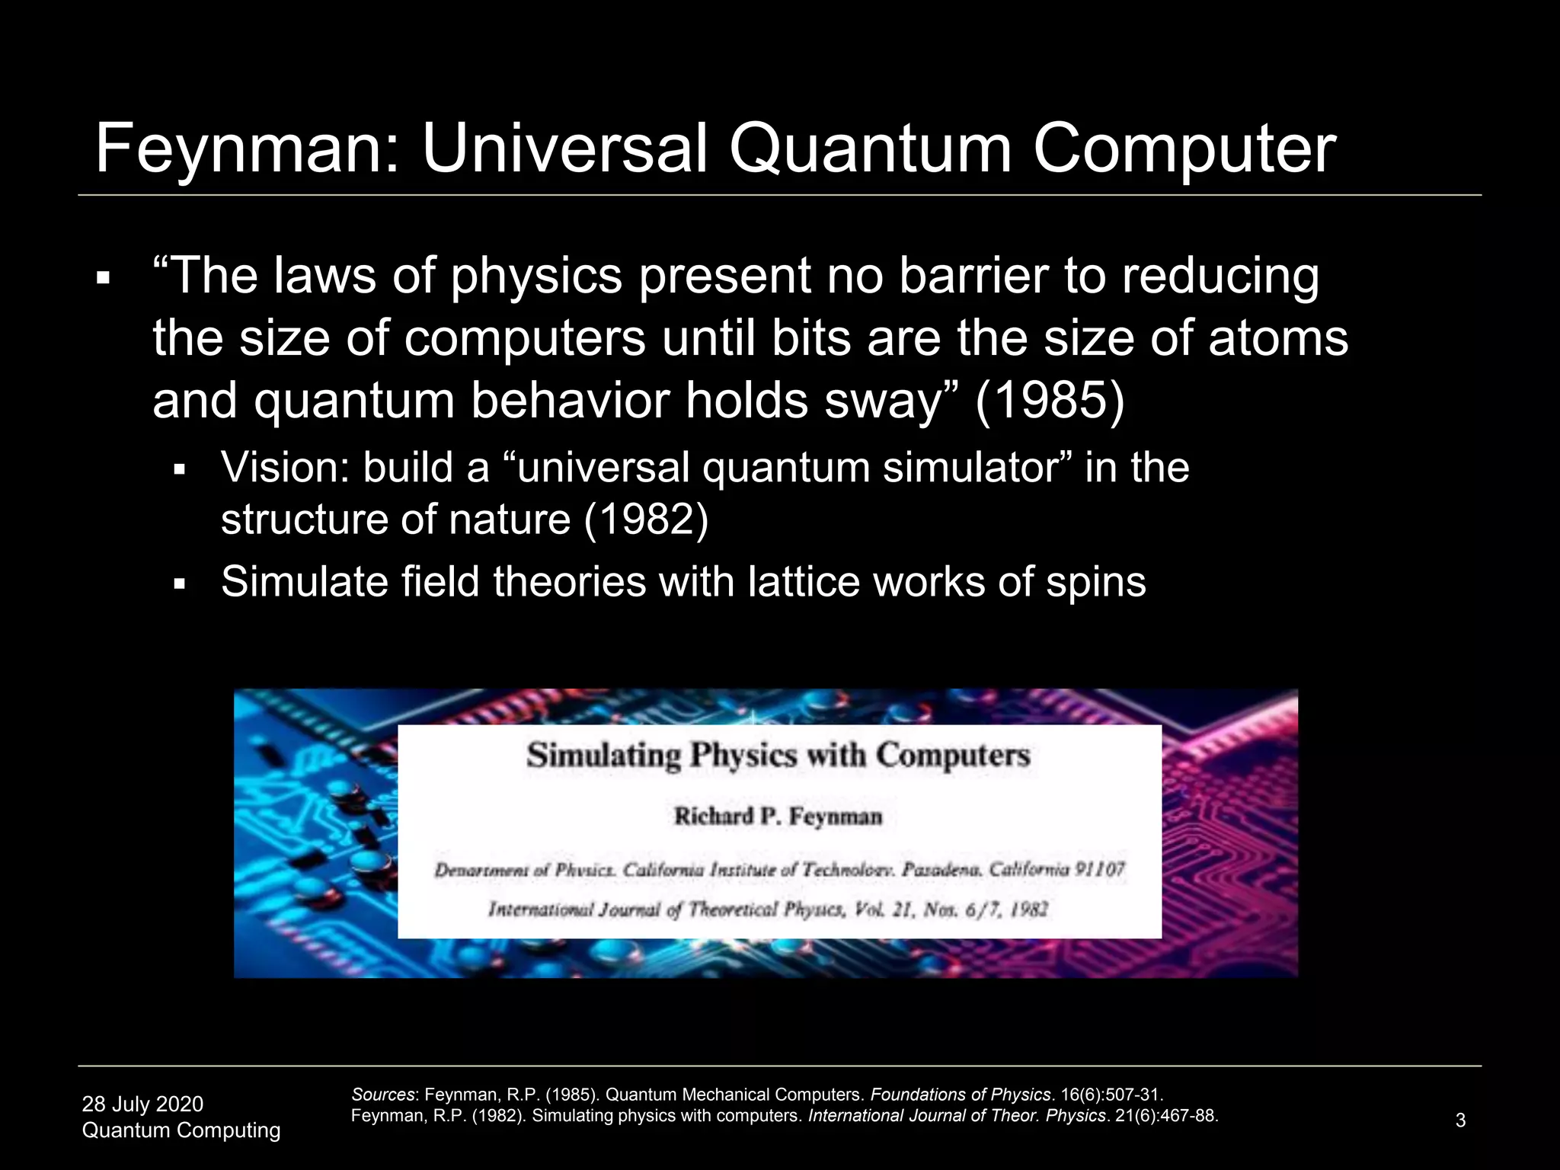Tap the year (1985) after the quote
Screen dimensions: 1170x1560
(1049, 401)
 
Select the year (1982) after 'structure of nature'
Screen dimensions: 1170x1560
(646, 520)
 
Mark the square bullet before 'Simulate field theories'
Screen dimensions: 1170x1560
(180, 585)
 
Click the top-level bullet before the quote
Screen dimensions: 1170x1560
(104, 279)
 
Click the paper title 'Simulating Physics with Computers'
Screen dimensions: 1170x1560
(778, 756)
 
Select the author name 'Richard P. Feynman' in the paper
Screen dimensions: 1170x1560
(778, 817)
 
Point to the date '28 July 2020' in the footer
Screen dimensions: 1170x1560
(142, 1104)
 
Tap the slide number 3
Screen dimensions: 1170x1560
(1460, 1120)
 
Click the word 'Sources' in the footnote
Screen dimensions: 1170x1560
(383, 1095)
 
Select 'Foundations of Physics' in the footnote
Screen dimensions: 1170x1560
(961, 1095)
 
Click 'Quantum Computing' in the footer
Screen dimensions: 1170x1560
(181, 1130)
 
